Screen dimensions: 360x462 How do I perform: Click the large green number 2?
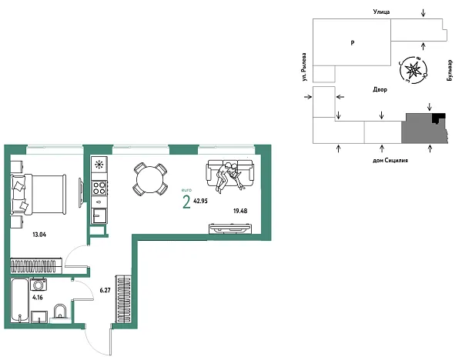186,202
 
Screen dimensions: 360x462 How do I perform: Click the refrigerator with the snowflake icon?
99,165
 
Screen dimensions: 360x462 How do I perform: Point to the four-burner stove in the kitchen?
99,186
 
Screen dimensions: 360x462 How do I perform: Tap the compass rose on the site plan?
413,70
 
